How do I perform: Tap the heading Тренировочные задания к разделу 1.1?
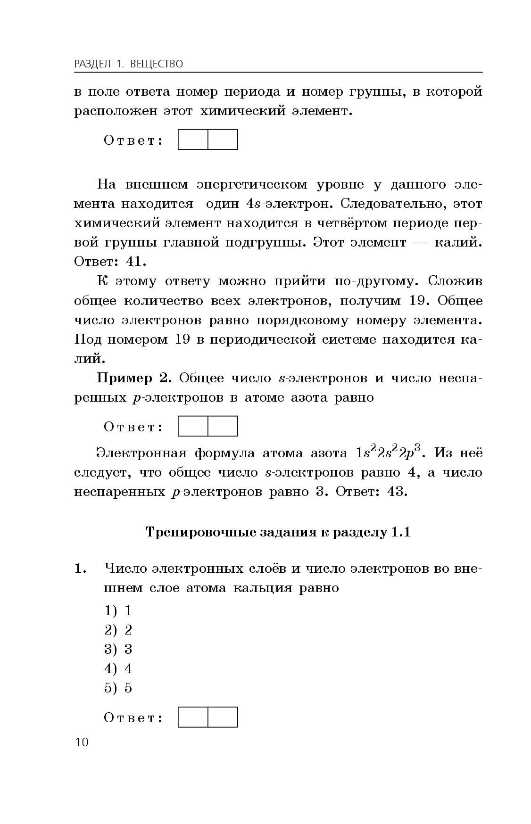click(278, 532)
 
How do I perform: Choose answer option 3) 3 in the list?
click(118, 649)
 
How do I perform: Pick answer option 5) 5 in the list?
click(118, 688)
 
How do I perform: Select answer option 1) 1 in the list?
click(118, 611)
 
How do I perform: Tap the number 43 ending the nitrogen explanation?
click(396, 492)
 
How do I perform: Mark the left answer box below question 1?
click(193, 717)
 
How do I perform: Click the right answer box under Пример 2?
click(223, 426)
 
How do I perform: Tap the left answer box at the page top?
click(193, 140)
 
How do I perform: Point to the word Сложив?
click(455, 281)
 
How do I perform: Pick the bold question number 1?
click(80, 569)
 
